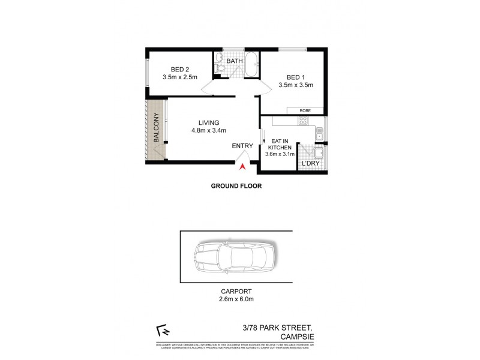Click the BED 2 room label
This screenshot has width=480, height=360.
[179, 68]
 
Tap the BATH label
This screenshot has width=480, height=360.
[235, 61]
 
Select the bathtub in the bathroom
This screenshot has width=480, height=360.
[251, 65]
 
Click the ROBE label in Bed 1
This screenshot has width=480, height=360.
[306, 110]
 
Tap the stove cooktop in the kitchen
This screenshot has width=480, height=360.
[304, 121]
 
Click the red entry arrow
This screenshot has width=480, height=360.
[242, 167]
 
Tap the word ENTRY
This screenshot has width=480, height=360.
[242, 146]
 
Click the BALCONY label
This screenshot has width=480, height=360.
[156, 128]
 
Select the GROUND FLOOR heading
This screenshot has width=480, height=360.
[236, 186]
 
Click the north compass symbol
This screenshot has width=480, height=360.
[160, 329]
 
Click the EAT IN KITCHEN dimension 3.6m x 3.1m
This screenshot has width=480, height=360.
[280, 154]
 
